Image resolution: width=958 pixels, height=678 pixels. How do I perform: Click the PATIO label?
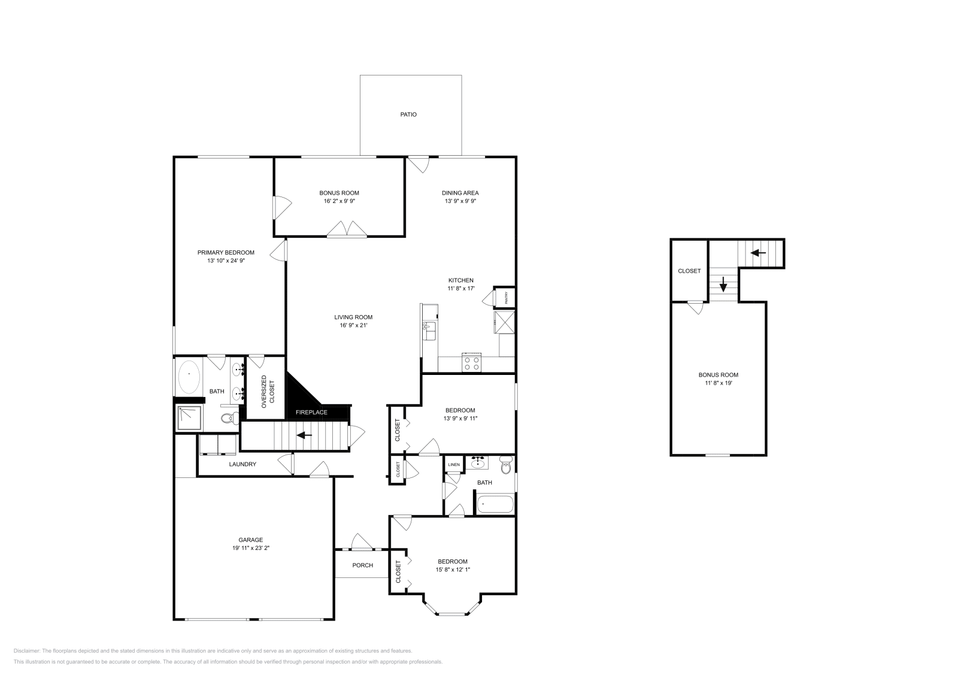point(408,114)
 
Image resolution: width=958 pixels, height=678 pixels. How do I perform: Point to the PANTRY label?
point(506,298)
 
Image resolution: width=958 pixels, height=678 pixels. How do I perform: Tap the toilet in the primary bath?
point(228,418)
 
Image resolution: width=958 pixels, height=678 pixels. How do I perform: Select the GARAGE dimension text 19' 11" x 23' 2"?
point(247,548)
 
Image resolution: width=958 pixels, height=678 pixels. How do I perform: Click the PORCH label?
point(362,565)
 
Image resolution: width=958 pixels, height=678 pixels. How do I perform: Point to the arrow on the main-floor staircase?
point(305,435)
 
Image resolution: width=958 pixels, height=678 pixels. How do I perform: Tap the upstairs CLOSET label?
point(689,271)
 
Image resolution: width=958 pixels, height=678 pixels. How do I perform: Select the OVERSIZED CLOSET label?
point(268,389)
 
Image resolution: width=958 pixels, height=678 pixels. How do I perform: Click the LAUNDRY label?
point(242,464)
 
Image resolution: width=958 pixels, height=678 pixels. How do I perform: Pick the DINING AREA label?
point(460,193)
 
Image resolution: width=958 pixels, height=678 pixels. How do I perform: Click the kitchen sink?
point(429,327)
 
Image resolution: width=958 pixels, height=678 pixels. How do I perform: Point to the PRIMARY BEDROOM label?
point(226,253)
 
